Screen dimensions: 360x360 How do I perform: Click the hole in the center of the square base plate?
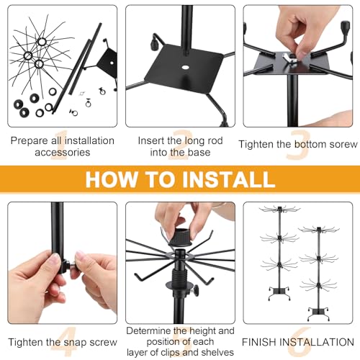point(185,67)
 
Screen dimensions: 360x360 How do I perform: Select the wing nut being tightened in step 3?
point(290,58)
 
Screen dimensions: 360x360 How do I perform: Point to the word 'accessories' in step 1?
point(63,153)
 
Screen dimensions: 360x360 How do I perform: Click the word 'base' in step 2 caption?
point(199,153)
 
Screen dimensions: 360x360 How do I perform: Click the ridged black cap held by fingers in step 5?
point(181,237)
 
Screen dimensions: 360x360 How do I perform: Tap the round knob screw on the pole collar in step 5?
point(197,289)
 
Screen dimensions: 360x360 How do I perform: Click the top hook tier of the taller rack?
point(280,210)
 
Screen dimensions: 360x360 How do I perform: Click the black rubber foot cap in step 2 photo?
point(154,44)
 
